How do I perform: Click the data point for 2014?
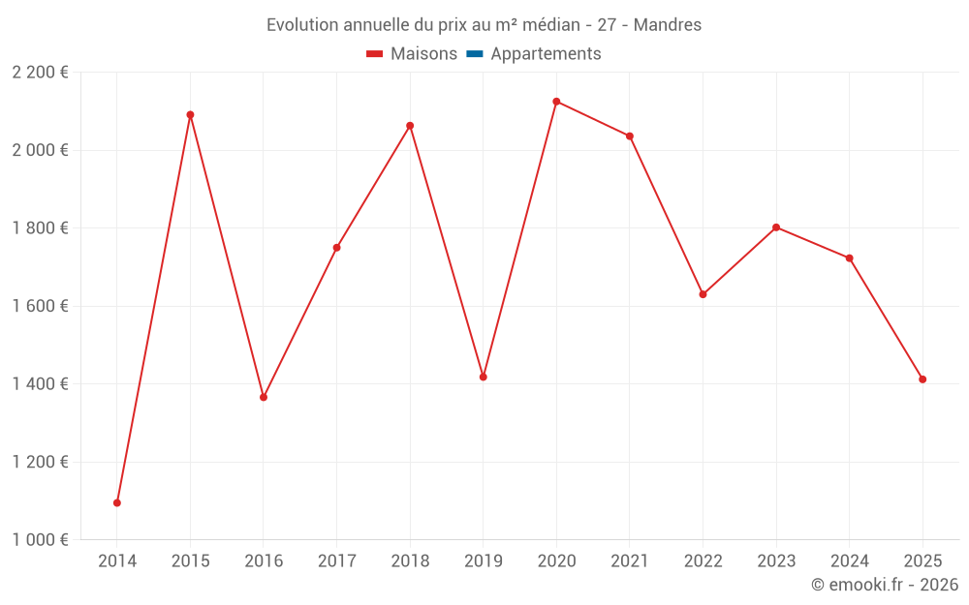117,502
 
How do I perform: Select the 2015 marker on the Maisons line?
190,115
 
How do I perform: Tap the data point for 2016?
264,397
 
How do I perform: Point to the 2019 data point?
484,377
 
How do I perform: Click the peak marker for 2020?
556,102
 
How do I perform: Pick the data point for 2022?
703,294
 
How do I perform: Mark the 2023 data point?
776,227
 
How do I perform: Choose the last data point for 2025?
922,379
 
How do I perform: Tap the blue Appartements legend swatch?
475,54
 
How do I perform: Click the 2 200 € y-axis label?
40,73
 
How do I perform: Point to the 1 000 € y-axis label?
40,540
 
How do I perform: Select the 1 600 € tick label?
40,306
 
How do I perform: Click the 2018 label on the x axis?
410,561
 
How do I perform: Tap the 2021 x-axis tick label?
630,561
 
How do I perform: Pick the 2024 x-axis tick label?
850,561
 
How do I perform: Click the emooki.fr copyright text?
885,585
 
